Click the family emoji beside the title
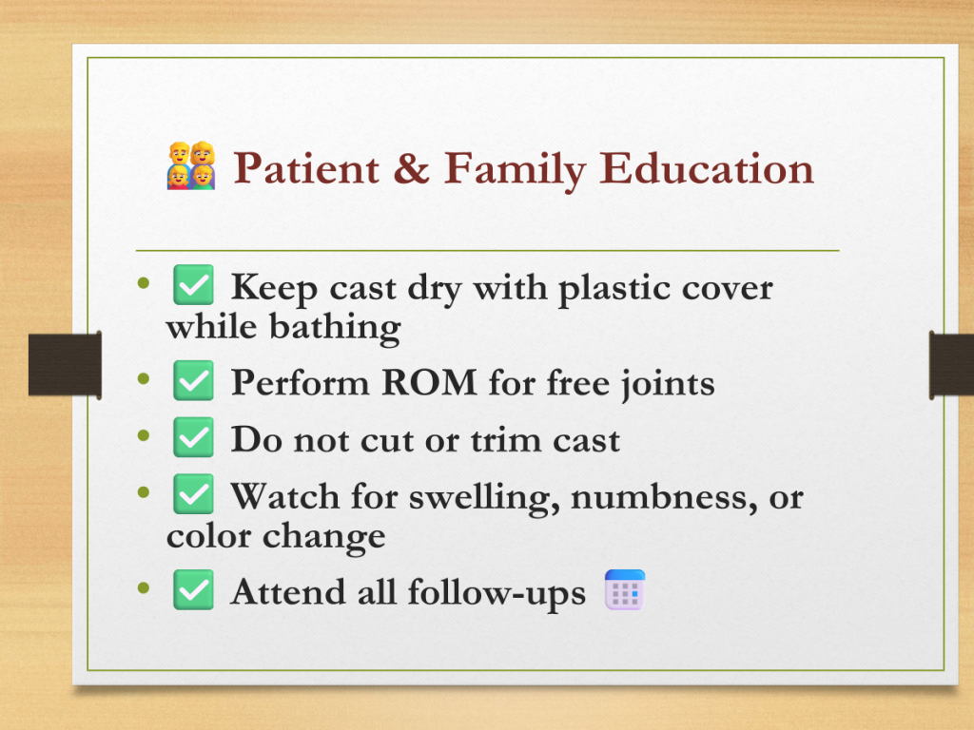191,165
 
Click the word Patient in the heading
306,168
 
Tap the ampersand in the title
411,168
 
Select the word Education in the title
707,168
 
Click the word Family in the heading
515,171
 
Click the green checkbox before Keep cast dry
193,285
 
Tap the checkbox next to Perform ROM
193,380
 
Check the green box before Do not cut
193,437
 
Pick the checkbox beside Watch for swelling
193,494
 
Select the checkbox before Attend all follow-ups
193,589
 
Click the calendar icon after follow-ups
625,589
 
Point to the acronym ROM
429,382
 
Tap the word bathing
335,328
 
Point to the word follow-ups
497,593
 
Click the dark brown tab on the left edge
66,364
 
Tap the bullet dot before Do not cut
145,436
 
